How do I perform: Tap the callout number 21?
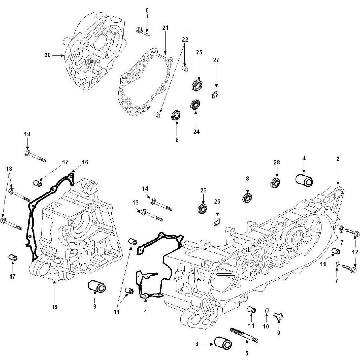[165, 28]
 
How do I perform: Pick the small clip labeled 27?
[215, 95]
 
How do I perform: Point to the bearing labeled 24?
[196, 105]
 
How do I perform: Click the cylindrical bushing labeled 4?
[304, 181]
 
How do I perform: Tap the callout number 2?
[338, 159]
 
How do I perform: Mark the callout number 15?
[54, 307]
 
